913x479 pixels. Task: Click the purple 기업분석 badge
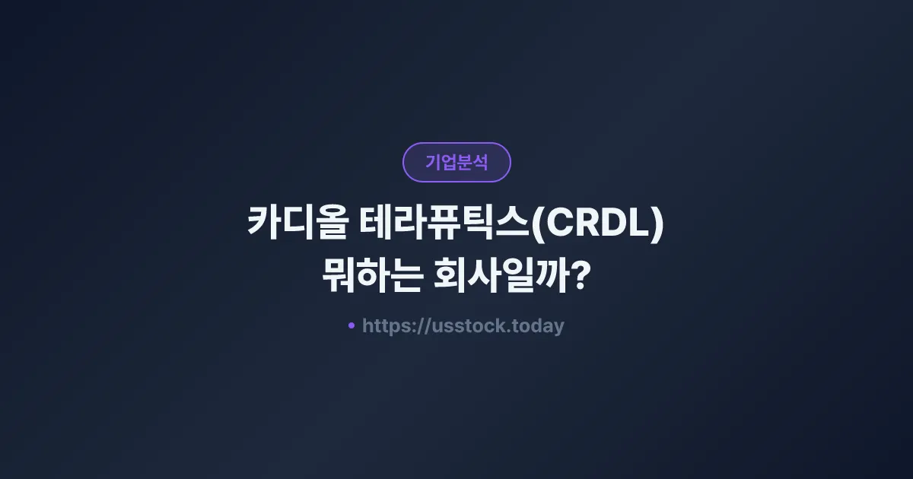pyautogui.click(x=456, y=162)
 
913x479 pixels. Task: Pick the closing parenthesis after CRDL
pyautogui.click(x=659, y=226)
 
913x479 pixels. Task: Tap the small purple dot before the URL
pyautogui.click(x=352, y=325)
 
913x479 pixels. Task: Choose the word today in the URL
pyautogui.click(x=539, y=326)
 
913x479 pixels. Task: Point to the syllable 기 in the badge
pyautogui.click(x=433, y=162)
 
